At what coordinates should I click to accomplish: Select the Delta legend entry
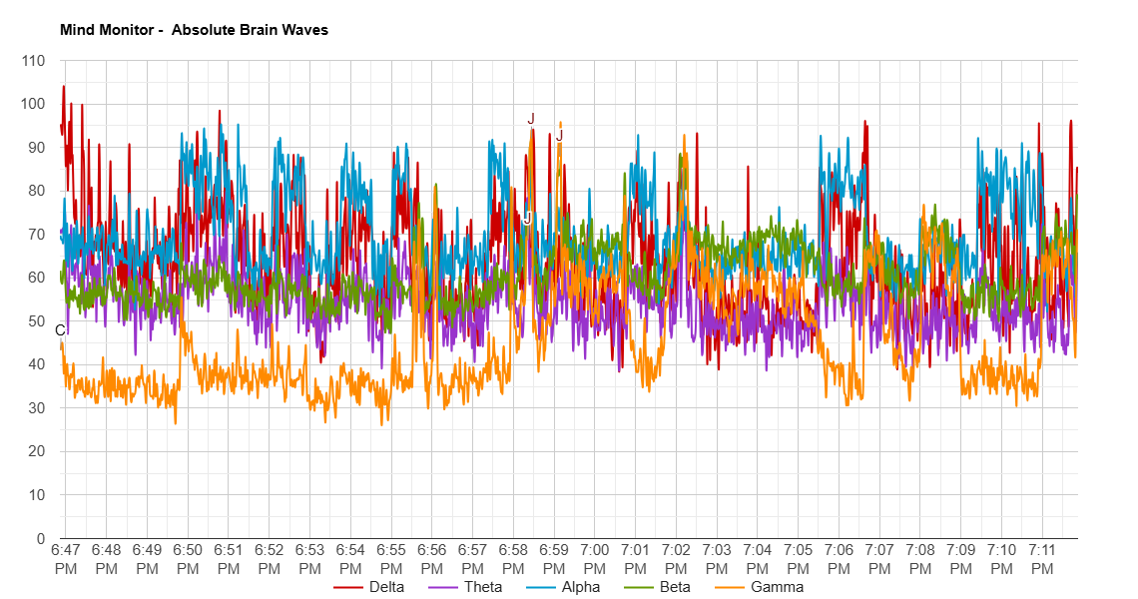386,587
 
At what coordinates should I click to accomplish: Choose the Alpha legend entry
580,587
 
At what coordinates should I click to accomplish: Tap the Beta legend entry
675,587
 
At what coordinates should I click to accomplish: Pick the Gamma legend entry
776,587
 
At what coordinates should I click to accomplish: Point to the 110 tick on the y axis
34,61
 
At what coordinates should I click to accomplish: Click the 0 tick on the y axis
41,538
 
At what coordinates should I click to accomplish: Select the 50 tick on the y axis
37,321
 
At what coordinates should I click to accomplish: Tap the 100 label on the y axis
34,104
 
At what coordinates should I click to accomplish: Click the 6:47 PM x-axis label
66,558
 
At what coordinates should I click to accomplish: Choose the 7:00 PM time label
595,558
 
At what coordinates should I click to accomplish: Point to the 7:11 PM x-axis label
1042,558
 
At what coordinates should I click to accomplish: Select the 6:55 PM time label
391,558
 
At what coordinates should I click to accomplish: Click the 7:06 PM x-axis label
839,558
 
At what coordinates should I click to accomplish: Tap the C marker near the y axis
60,330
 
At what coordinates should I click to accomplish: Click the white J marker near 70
527,219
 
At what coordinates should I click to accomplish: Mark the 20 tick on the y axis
37,451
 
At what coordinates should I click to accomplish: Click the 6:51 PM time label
229,558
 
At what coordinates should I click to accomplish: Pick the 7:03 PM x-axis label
717,558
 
